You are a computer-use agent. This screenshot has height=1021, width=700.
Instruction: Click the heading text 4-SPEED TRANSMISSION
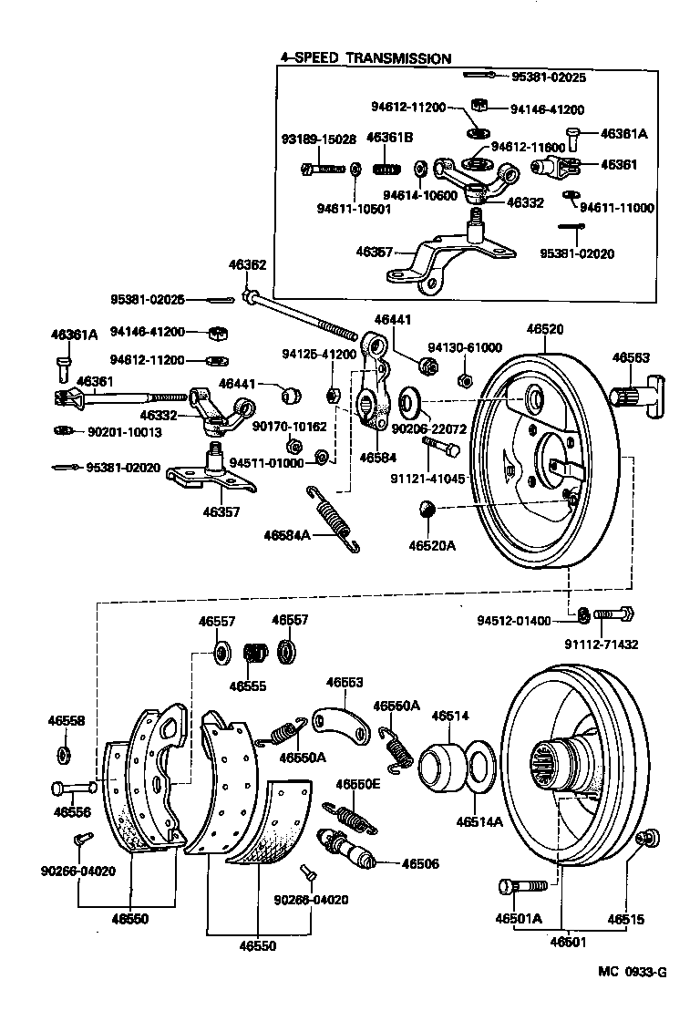tap(365, 58)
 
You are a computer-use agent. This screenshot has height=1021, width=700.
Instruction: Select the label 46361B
tap(390, 138)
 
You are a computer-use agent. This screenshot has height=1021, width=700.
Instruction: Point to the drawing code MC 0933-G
tap(633, 972)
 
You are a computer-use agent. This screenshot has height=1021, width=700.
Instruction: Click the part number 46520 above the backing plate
tap(544, 332)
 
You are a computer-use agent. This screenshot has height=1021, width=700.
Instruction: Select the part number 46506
tap(421, 862)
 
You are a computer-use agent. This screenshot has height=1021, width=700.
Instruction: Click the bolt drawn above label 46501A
tap(521, 885)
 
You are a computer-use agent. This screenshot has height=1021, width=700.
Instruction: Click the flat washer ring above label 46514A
tap(480, 768)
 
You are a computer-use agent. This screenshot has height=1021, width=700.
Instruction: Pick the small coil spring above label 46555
tap(256, 654)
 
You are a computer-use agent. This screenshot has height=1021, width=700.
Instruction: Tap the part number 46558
tap(66, 720)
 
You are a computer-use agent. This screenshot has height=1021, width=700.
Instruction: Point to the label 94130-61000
tap(466, 347)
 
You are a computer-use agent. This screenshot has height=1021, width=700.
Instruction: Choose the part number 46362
tap(247, 265)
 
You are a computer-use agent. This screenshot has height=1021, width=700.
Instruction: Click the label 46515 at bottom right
tap(626, 918)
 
